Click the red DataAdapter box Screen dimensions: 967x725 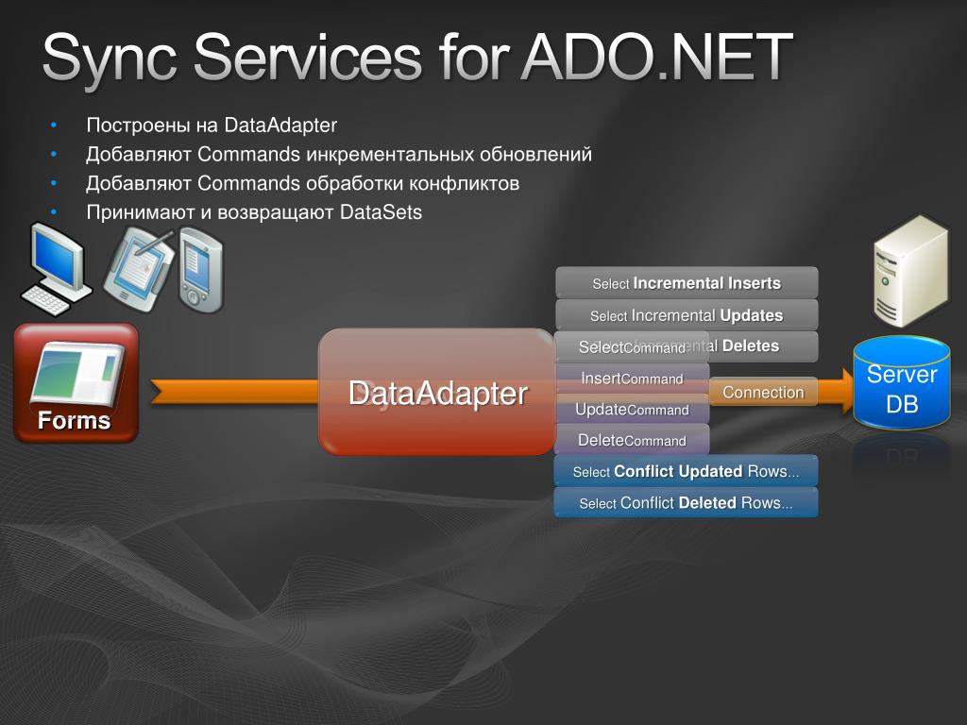click(x=436, y=393)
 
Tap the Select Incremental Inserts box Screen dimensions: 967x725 click(x=687, y=283)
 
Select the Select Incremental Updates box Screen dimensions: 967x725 click(x=687, y=315)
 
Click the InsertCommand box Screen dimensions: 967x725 click(x=632, y=379)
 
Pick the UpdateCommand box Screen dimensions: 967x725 click(x=632, y=410)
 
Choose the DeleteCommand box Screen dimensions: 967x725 click(x=632, y=441)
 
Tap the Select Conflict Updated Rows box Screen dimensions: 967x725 click(x=686, y=471)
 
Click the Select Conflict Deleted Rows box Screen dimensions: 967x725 click(x=686, y=503)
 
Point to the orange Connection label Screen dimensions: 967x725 click(x=763, y=392)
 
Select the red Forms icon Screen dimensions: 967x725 click(x=76, y=382)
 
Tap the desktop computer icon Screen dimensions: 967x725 click(x=57, y=268)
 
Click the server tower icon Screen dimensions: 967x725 click(x=908, y=269)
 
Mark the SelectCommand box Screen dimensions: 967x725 click(x=632, y=347)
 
